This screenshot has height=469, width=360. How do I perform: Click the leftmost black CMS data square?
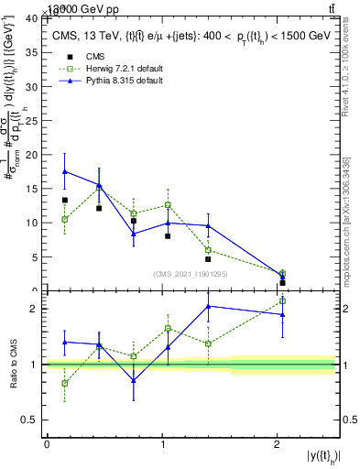pyautogui.click(x=65, y=200)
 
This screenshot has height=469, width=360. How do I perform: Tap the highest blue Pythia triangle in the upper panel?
pyautogui.click(x=65, y=171)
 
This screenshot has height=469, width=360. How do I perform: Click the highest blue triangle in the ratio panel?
pyautogui.click(x=209, y=306)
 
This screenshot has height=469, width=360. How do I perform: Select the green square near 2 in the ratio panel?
pyautogui.click(x=282, y=300)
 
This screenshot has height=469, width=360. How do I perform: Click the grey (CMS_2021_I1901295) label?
pyautogui.click(x=191, y=273)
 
